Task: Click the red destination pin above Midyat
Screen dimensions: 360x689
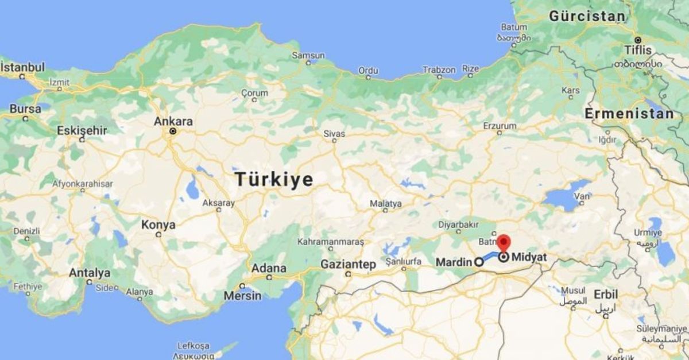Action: coord(504,242)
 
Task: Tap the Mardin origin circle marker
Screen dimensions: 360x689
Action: coord(478,262)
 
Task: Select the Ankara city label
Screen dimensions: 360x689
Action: coord(173,122)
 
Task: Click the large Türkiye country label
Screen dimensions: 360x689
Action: coord(274,180)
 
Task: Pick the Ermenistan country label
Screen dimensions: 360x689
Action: coord(629,114)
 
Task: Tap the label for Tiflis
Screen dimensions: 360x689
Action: coord(638,50)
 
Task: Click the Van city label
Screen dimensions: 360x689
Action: coord(582,196)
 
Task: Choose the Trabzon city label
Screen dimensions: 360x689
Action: coord(439,69)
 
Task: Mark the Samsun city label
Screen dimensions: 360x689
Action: coord(308,56)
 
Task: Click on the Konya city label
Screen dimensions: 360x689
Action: coord(158,225)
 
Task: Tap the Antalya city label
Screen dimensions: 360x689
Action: coord(89,273)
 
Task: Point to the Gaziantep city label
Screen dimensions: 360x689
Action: coord(348,265)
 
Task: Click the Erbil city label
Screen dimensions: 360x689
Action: coord(606,294)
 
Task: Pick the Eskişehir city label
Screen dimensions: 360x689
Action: coord(82,131)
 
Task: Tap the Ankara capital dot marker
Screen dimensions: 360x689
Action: coord(172,131)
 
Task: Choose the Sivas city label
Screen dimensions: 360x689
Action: coord(334,134)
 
